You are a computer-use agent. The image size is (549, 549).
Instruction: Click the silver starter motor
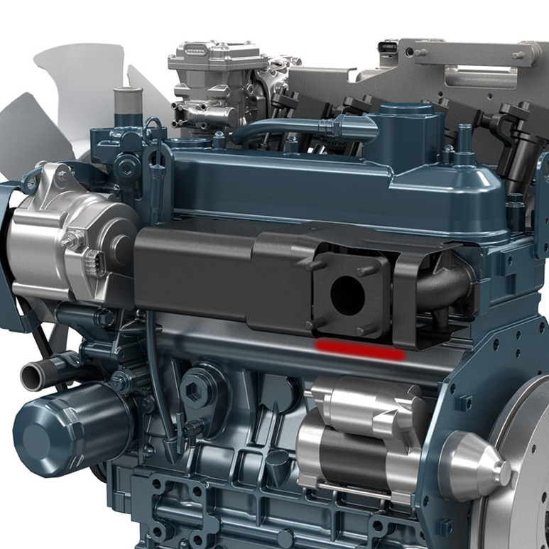355,433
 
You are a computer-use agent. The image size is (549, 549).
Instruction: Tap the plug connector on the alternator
93,263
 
